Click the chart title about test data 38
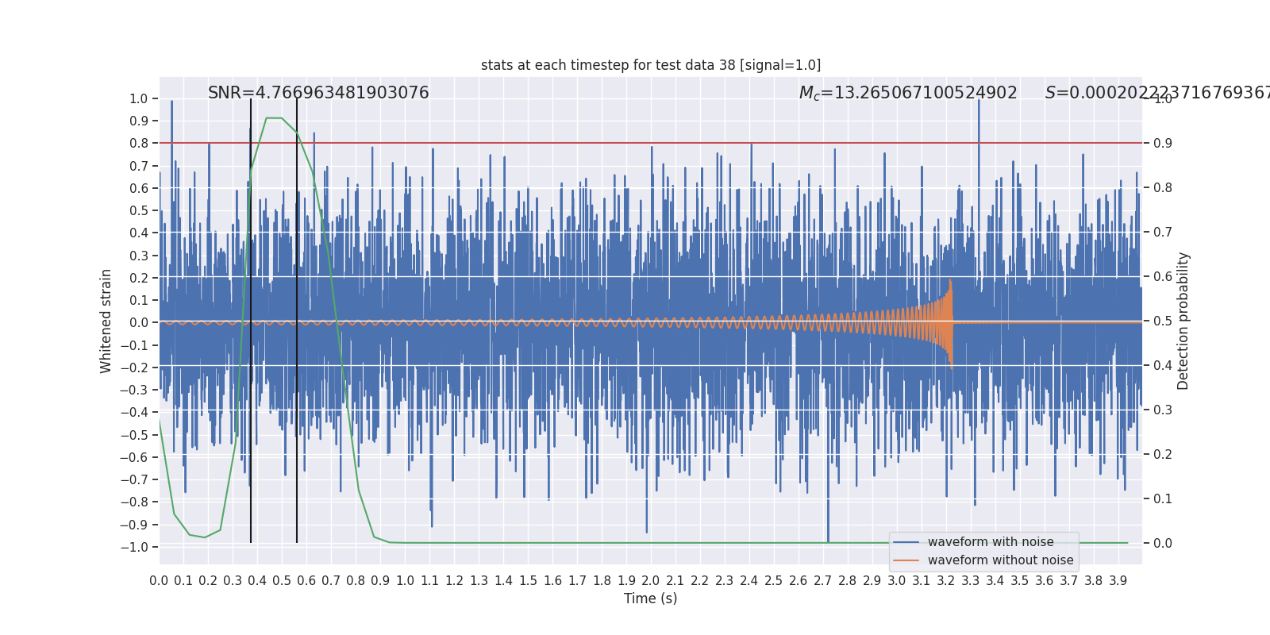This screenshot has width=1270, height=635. pyautogui.click(x=651, y=65)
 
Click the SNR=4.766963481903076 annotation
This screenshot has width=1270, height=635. pyautogui.click(x=318, y=93)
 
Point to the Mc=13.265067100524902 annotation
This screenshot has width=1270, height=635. pyautogui.click(x=908, y=93)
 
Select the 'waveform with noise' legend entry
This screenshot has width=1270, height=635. pyautogui.click(x=990, y=542)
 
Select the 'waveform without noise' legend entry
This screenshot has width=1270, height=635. pyautogui.click(x=1000, y=560)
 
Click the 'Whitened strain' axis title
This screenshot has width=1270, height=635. pyautogui.click(x=106, y=321)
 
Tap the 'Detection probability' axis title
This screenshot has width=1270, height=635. pyautogui.click(x=1183, y=321)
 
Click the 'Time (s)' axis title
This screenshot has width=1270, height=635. pyautogui.click(x=650, y=598)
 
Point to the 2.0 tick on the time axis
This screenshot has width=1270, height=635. pyautogui.click(x=651, y=581)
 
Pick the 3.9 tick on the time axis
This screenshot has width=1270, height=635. pyautogui.click(x=1118, y=581)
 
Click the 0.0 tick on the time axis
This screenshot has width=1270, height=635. pyautogui.click(x=159, y=581)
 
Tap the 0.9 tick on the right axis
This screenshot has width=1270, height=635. pyautogui.click(x=1163, y=144)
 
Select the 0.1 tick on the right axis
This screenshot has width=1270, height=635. pyautogui.click(x=1163, y=499)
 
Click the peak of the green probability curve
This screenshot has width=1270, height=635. pyautogui.click(x=274, y=118)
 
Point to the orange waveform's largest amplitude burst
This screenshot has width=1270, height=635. pyautogui.click(x=950, y=321)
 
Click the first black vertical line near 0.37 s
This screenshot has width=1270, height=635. pyautogui.click(x=251, y=317)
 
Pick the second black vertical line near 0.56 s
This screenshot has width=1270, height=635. pyautogui.click(x=297, y=317)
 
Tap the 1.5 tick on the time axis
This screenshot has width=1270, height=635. pyautogui.click(x=528, y=581)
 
